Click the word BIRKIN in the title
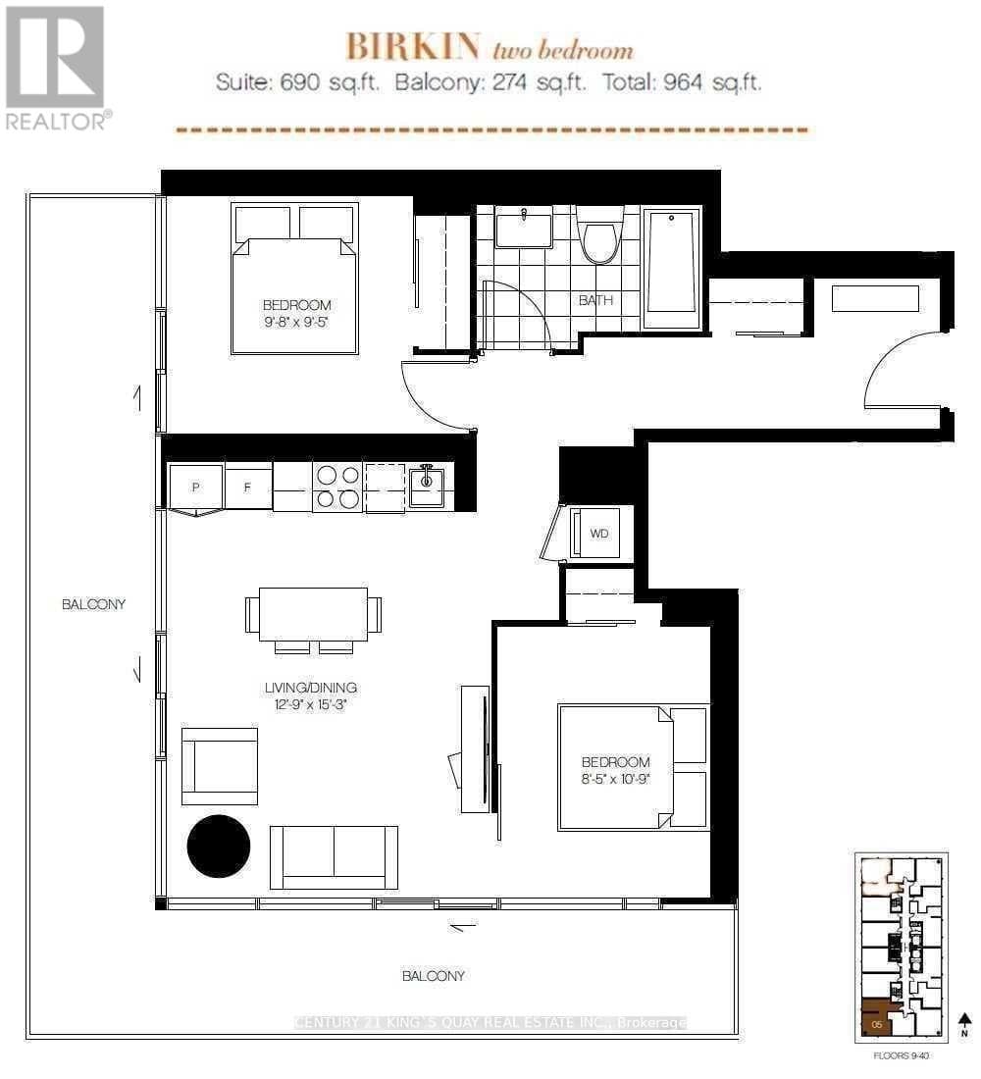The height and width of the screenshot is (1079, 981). [412, 46]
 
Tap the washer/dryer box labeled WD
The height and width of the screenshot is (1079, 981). [598, 534]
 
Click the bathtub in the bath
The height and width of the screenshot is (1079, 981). [672, 263]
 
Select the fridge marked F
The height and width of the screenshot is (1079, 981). [248, 487]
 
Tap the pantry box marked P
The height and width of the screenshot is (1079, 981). [196, 488]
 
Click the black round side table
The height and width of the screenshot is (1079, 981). [219, 847]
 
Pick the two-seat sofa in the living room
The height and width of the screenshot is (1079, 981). [334, 855]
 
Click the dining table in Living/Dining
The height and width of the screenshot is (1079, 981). [313, 615]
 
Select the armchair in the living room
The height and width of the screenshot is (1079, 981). [220, 766]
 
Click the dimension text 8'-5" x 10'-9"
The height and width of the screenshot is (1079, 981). [615, 778]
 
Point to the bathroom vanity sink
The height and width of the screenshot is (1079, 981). [523, 231]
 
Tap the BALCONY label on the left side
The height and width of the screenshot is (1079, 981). [94, 604]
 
